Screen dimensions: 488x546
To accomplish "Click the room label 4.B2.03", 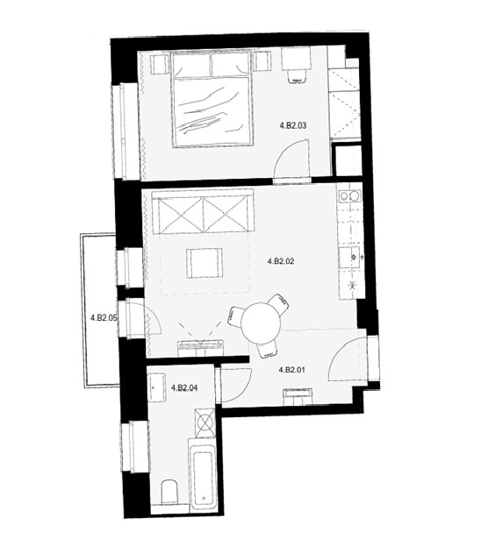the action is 293,125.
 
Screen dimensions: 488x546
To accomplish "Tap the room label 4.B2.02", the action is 281,261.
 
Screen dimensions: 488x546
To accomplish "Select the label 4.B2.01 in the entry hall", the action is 292,370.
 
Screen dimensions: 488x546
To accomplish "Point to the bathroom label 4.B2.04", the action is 184,388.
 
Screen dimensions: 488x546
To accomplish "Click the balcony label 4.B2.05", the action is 104,317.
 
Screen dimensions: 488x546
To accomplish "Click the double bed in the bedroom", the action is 212,100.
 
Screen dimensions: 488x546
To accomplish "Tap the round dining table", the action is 261,323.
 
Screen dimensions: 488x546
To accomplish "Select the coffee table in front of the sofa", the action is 205,263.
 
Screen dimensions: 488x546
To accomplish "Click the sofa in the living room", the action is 203,212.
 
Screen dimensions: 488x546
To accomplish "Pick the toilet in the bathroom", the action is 169,493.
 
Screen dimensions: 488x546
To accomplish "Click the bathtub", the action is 203,475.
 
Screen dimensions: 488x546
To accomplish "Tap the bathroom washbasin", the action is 156,387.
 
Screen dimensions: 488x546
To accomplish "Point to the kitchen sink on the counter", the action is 350,258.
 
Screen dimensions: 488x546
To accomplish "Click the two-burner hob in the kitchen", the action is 350,196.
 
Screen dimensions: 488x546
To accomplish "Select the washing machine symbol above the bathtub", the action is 205,422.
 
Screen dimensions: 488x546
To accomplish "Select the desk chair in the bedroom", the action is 298,76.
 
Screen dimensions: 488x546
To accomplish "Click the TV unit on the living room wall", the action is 200,349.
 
